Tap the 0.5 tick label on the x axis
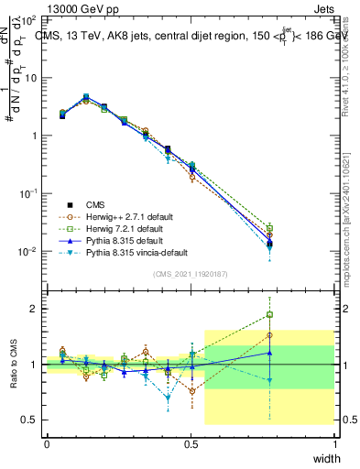click(191, 443)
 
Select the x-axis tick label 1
click(334, 443)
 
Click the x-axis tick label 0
click(48, 443)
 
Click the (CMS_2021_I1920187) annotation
click(191, 274)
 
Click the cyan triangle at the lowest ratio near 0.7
click(168, 398)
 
